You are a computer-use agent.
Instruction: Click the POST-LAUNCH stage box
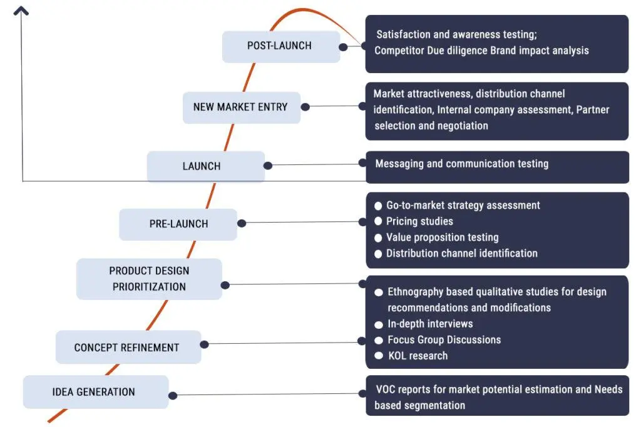point(280,46)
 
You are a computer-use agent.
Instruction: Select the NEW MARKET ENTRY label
point(240,107)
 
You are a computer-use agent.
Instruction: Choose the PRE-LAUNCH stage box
point(178,224)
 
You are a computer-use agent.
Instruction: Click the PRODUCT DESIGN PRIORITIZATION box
point(149,279)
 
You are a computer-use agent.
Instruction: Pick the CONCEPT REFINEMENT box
point(127,348)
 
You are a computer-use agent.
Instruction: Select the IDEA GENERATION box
point(94,392)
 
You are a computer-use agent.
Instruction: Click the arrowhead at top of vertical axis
point(22,11)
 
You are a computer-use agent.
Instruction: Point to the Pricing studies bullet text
point(419,221)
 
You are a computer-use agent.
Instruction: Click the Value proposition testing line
point(442,238)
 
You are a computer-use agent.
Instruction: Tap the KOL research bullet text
point(418,356)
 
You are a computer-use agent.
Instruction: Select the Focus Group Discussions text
point(444,340)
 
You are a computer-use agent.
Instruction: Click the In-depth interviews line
point(430,324)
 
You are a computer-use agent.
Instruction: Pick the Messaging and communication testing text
point(461,164)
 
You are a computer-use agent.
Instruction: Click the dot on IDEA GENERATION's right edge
point(173,395)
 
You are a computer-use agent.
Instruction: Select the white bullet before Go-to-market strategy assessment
point(378,206)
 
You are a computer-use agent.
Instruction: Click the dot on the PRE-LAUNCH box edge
point(242,223)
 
